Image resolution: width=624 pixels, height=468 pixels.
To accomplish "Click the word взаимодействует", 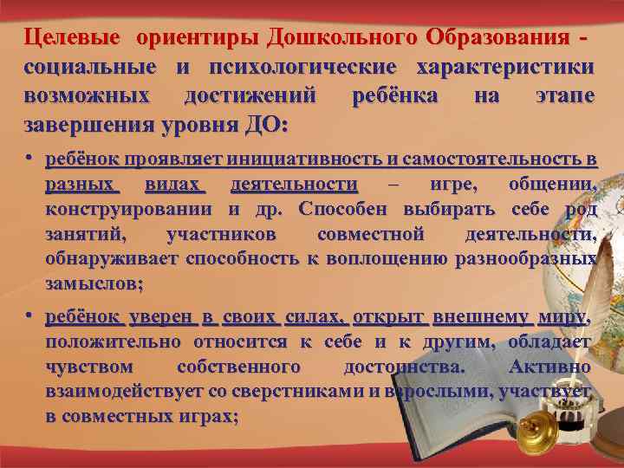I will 114,392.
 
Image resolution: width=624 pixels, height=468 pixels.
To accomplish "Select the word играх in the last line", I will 208,417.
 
